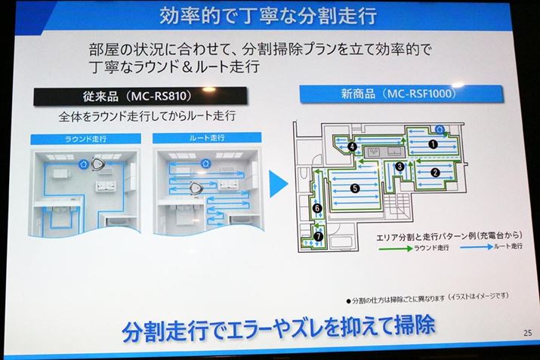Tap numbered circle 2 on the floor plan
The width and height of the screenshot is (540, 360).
click(434, 172)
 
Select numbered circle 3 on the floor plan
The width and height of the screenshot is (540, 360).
click(398, 167)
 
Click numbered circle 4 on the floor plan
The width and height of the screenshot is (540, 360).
click(352, 146)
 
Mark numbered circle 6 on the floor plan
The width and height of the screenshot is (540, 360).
click(318, 208)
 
